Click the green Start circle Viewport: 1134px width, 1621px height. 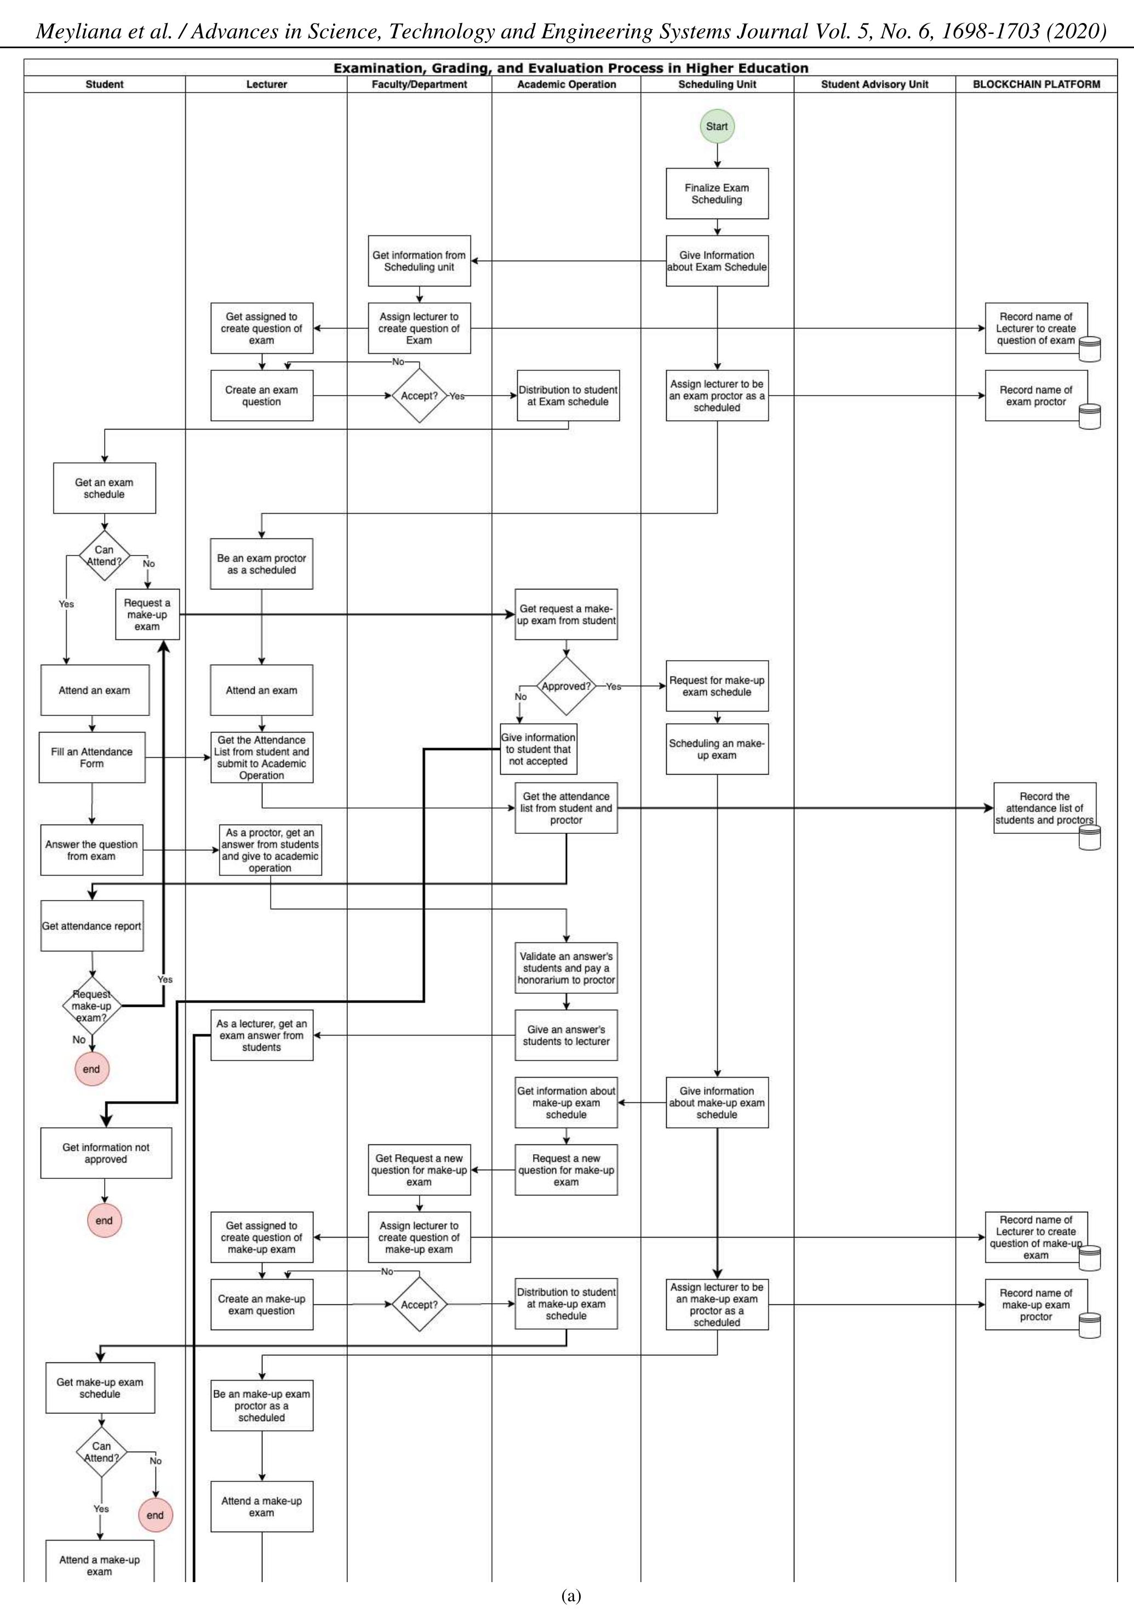coord(717,127)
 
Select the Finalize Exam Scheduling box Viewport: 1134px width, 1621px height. coord(717,193)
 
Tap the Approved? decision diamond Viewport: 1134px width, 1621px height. coord(565,686)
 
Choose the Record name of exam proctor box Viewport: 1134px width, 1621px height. coord(1035,396)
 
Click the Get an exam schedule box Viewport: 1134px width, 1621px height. coord(105,488)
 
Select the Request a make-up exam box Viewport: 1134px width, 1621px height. coord(147,614)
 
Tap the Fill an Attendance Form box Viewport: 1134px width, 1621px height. coord(92,758)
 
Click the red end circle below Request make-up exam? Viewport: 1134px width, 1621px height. coord(92,1069)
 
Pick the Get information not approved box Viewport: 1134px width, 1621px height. coord(106,1153)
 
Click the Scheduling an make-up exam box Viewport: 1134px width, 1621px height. coord(717,749)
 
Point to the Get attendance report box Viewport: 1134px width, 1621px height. coord(92,926)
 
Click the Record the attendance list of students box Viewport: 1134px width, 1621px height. coord(1044,807)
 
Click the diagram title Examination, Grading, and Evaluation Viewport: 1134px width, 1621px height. coord(570,68)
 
